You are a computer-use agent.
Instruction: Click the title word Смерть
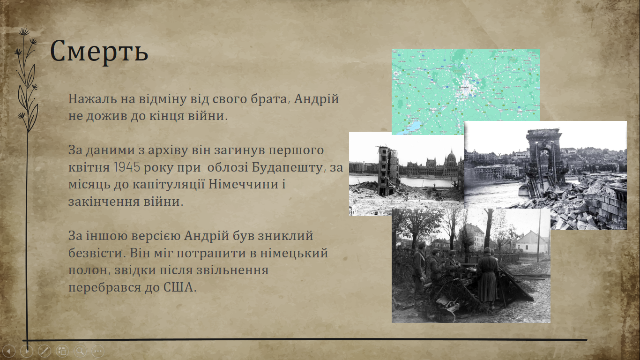99,52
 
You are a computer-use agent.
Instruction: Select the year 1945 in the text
127,167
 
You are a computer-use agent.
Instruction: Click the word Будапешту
288,167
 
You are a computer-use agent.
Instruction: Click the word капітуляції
169,184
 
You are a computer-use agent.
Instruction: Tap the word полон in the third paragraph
88,270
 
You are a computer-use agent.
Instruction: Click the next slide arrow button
27,351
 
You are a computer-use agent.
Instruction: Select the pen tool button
45,351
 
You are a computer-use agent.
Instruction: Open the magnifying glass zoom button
80,351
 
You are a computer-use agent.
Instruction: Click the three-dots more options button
98,351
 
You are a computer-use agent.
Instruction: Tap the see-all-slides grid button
62,351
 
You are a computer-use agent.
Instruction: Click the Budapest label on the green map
464,87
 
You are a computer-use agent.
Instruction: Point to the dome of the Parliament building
452,157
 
